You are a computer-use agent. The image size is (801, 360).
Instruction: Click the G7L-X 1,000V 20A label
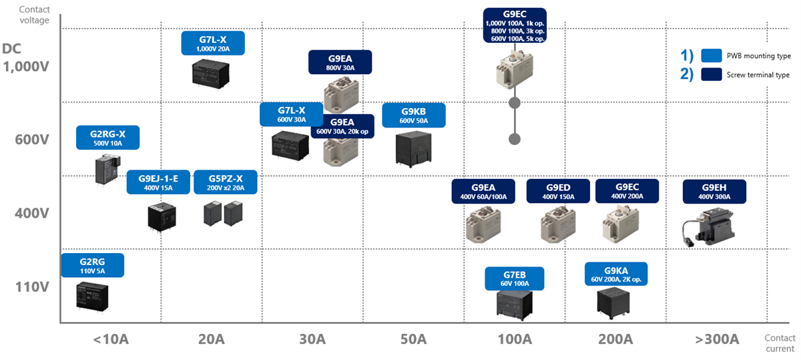coord(213,43)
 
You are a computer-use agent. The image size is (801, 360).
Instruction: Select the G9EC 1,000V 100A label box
coord(514,25)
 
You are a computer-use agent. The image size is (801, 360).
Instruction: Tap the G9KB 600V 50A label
coord(413,115)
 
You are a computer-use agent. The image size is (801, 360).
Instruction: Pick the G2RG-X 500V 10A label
coord(107,138)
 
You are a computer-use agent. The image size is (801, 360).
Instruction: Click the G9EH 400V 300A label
coord(714,191)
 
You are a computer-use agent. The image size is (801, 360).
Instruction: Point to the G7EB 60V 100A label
coord(514,279)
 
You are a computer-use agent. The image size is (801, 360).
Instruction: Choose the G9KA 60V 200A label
coord(615,274)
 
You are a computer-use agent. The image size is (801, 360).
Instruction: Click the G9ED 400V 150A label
coord(558,191)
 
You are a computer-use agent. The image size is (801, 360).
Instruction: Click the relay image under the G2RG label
coord(91,294)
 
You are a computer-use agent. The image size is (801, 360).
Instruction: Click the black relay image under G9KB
coord(413,148)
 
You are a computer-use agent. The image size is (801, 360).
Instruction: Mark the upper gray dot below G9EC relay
coord(515,103)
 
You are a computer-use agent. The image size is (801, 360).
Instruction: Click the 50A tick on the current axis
coord(413,339)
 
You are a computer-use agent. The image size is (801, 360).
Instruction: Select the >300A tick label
coord(717,339)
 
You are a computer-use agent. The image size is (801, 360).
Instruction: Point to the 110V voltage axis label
coord(33,287)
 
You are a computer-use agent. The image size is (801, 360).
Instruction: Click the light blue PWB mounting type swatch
coord(712,55)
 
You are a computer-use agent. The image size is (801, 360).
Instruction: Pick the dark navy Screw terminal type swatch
coord(712,75)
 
